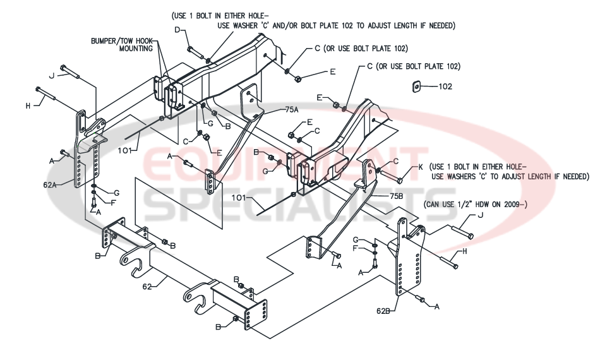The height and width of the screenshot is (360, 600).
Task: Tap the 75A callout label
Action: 291,109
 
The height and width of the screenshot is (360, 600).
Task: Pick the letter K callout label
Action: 419,168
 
